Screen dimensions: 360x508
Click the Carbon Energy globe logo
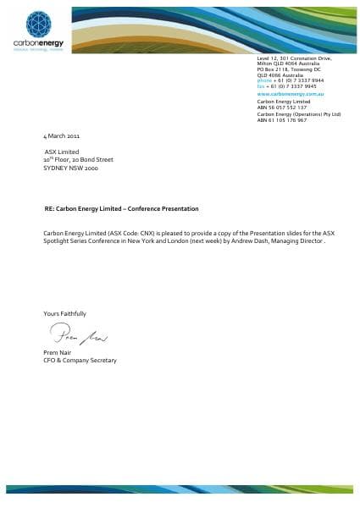coord(39,25)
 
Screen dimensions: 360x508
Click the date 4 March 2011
coord(61,135)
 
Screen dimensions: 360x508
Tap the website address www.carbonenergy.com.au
coord(285,93)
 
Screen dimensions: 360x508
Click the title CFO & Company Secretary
coord(80,360)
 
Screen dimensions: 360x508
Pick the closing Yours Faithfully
coord(64,313)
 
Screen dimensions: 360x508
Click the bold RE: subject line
coord(122,208)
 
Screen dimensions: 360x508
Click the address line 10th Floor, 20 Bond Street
coord(78,159)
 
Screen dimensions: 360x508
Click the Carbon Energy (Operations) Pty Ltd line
coord(299,114)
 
